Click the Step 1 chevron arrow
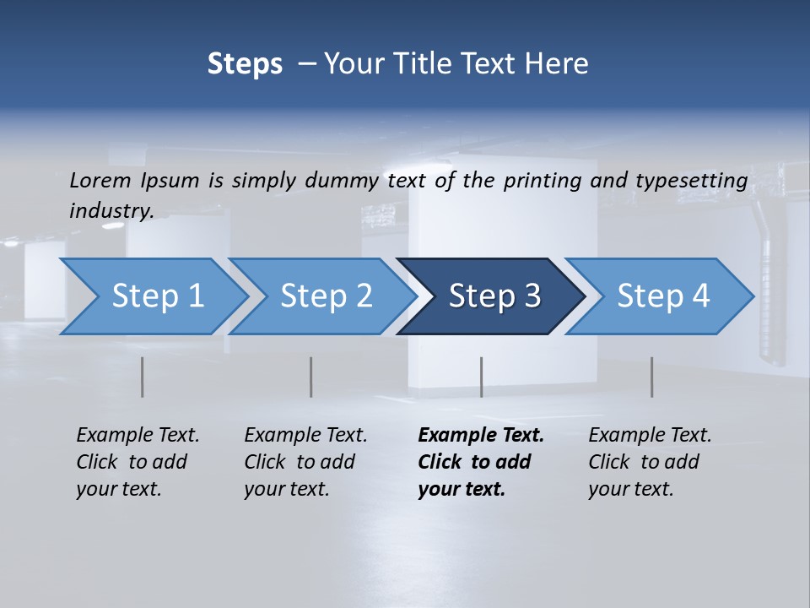coord(157,296)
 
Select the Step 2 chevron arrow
coord(326,296)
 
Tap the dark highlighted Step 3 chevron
coord(494,296)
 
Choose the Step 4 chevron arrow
coord(663,296)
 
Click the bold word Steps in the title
coord(245,64)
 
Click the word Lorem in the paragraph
coord(100,180)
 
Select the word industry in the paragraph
coord(111,210)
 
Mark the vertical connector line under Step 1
coord(143,377)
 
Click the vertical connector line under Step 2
coord(311,377)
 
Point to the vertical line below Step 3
coord(481,377)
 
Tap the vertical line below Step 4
coord(651,377)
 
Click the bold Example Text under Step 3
coord(481,436)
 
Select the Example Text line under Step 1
coord(138,436)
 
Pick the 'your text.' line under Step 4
coord(630,489)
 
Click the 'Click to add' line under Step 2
coord(300,462)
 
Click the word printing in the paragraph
coord(541,181)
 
